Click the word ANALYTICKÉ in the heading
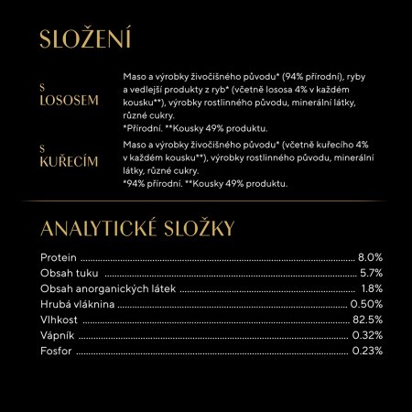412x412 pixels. point(108,227)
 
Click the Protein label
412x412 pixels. point(60,257)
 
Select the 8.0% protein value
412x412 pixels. point(369,257)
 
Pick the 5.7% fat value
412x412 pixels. point(370,273)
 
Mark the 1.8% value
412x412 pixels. point(371,288)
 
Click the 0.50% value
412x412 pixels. point(366,304)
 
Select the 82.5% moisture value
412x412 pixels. point(366,320)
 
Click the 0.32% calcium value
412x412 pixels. point(366,335)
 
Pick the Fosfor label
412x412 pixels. point(57,351)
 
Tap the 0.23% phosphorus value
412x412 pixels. point(366,351)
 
